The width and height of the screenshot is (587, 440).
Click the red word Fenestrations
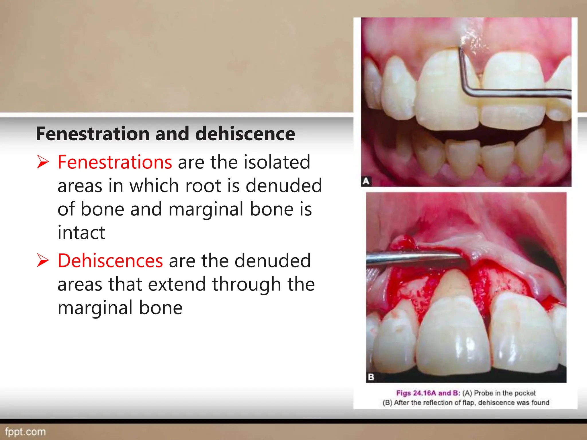point(115,162)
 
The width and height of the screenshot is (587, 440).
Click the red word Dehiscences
point(110,261)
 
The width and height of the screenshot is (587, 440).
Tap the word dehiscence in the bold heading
point(245,134)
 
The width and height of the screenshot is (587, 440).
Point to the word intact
point(81,232)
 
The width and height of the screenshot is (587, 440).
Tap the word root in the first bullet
point(203,186)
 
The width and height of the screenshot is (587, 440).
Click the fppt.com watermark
point(26,431)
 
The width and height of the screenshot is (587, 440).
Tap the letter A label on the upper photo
point(366,181)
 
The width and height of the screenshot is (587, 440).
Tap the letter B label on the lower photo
point(371,377)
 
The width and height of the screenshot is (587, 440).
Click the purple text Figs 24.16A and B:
point(428,393)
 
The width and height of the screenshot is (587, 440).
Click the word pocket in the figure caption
point(524,393)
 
